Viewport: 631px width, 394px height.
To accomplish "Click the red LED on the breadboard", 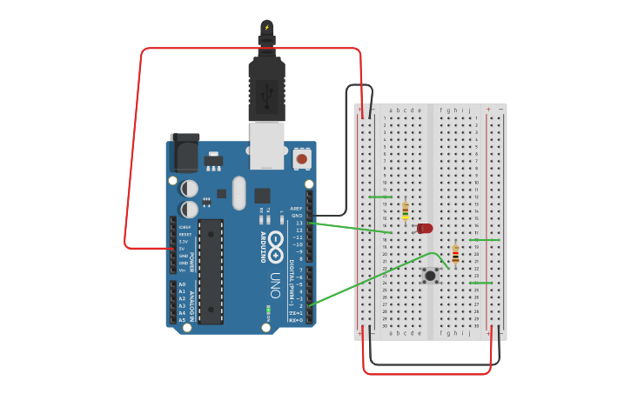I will point(425,228).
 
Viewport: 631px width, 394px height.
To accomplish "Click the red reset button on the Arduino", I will point(301,158).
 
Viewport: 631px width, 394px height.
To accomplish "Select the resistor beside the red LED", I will point(405,210).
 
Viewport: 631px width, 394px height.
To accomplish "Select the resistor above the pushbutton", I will point(455,253).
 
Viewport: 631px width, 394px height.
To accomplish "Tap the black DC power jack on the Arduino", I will point(184,154).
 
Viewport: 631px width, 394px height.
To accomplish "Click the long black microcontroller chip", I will point(211,270).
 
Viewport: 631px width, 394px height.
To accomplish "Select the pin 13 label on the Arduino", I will point(299,224).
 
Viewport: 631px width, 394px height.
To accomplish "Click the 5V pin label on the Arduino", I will point(184,248).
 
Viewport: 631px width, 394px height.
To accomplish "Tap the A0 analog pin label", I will point(182,284).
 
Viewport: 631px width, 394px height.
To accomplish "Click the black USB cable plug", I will point(266,87).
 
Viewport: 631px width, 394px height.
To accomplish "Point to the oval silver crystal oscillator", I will point(238,193).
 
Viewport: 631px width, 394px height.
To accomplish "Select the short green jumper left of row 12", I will point(379,197).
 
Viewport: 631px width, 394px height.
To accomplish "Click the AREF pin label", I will point(297,209).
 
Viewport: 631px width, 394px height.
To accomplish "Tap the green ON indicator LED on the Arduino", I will point(268,310).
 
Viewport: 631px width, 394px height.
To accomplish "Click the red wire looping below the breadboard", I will point(426,373).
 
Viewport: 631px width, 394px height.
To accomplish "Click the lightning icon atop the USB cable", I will point(266,27).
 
